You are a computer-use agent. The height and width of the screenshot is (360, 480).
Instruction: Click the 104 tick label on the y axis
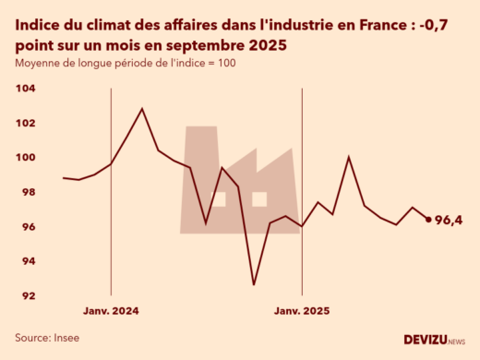[25, 89]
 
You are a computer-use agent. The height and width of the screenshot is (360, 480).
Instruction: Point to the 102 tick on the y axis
[25, 123]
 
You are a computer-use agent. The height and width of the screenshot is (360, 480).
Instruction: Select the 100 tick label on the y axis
[25, 158]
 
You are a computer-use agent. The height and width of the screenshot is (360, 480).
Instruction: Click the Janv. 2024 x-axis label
[111, 311]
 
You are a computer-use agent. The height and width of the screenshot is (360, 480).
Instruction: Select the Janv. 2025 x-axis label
[302, 311]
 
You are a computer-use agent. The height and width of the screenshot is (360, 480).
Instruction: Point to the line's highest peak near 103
[141, 109]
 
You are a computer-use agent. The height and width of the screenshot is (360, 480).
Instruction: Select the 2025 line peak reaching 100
[348, 157]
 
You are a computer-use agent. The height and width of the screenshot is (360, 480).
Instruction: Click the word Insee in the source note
[65, 338]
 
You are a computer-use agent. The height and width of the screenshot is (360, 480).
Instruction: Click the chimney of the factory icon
[201, 148]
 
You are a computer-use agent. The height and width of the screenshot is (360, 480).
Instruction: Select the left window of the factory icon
[219, 198]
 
